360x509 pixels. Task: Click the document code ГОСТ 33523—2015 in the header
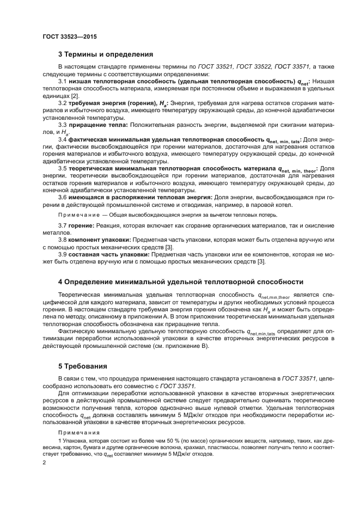coord(70,36)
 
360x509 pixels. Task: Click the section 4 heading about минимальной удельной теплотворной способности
coord(180,282)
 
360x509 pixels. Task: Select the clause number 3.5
coord(63,169)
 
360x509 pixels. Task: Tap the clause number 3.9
coord(63,254)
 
